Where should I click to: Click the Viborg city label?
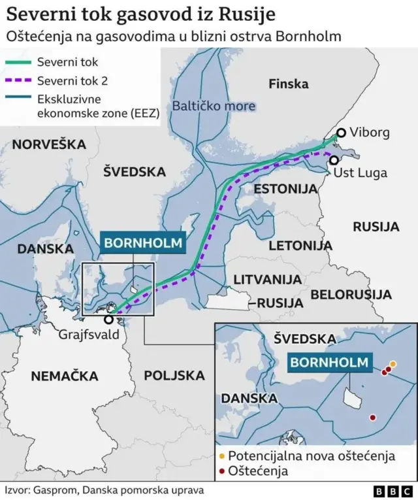pos(370,133)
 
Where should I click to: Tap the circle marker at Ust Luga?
pos(334,160)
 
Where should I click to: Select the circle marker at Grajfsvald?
pos(108,319)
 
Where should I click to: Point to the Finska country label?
pos(288,84)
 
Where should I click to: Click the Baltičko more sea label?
pos(214,106)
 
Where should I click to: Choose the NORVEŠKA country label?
pos(49,144)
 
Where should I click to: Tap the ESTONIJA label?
pos(285,189)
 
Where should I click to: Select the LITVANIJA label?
pos(268,279)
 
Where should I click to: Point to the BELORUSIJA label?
pos(351,295)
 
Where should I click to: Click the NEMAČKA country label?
pos(65,376)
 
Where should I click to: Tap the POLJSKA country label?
pos(174,376)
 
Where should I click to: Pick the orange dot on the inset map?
pos(393,364)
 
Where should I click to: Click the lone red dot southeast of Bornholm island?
pos(372,417)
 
